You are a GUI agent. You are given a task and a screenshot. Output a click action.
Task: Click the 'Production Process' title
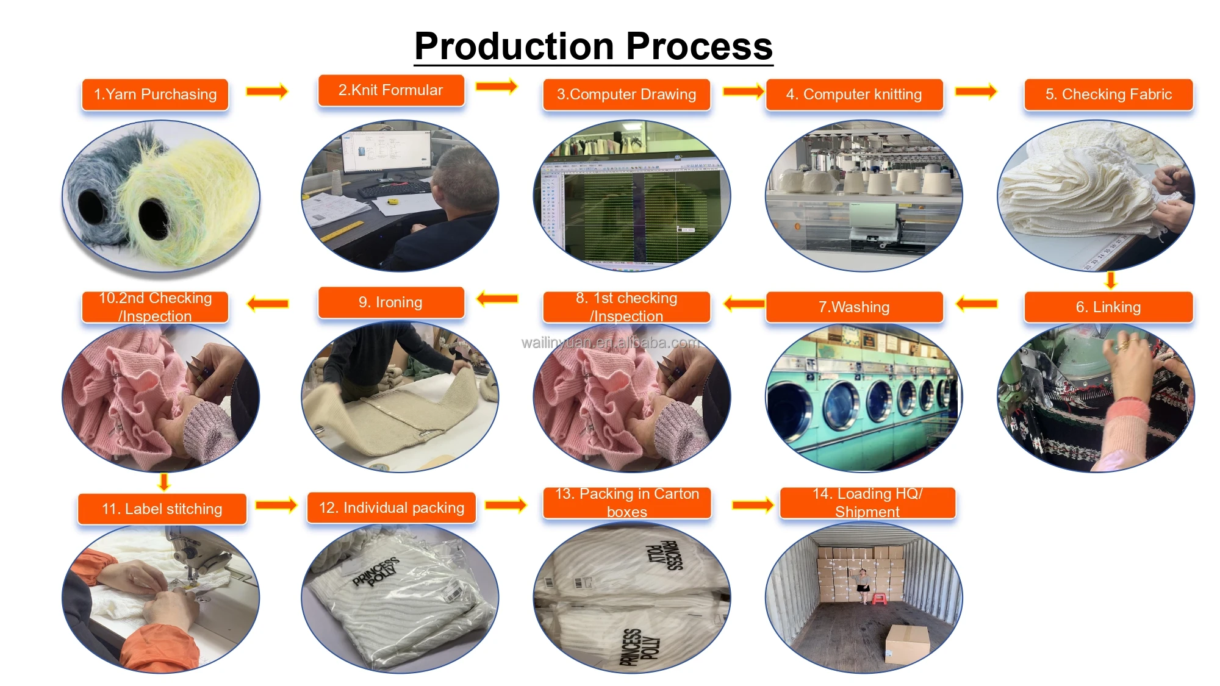pos(594,46)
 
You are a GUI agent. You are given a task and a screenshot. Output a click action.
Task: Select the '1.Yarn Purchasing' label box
pos(155,95)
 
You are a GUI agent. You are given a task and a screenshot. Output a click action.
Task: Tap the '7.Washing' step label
pos(854,307)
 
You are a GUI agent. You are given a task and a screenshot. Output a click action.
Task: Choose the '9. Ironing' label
pos(390,302)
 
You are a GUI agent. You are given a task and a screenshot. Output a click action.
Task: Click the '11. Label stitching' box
pos(162,509)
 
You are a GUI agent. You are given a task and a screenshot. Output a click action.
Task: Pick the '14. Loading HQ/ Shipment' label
pos(867,502)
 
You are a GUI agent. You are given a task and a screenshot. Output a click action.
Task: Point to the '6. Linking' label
pos(1108,307)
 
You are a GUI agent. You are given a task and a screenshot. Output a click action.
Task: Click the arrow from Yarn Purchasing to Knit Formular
pos(267,91)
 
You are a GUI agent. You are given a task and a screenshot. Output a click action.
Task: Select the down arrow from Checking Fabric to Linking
pos(1111,280)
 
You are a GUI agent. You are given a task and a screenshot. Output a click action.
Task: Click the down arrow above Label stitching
pos(163,482)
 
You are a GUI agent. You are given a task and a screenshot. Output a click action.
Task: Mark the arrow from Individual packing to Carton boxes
pos(506,505)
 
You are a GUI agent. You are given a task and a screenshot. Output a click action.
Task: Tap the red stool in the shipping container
pos(879,598)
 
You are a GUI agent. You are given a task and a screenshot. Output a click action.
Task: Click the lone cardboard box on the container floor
pos(907,643)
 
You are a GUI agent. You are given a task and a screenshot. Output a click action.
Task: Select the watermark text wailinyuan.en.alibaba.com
pos(610,343)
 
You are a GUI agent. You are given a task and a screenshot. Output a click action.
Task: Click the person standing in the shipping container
pos(863,585)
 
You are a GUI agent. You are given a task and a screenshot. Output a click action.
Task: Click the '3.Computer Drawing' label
pos(626,95)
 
